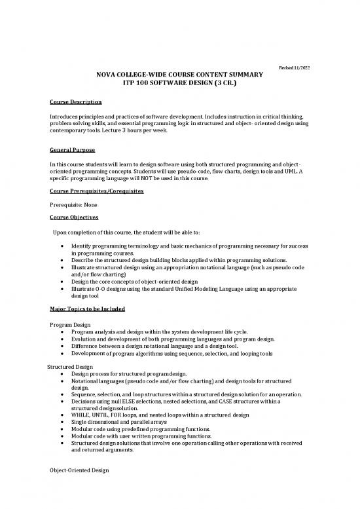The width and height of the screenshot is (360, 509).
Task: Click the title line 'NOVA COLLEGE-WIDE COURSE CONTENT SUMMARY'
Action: coord(180,75)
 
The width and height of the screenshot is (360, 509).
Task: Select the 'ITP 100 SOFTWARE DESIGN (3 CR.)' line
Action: coord(180,84)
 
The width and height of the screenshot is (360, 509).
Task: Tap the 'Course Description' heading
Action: coord(75,102)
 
